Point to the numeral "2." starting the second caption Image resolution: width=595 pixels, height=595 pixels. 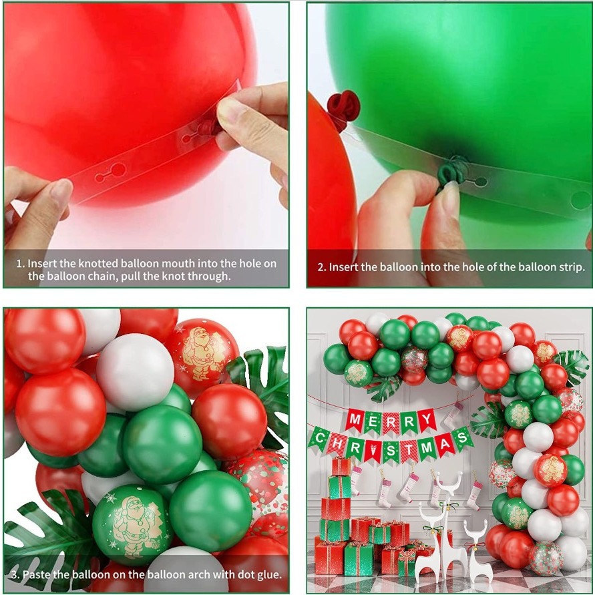coord(322,268)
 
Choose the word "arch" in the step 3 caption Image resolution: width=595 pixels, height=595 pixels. coord(199,574)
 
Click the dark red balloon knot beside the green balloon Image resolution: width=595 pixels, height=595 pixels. coord(343,105)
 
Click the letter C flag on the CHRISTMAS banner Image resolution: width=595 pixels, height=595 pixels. coord(320,439)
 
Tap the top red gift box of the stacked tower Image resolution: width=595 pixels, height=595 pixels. coord(341,467)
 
